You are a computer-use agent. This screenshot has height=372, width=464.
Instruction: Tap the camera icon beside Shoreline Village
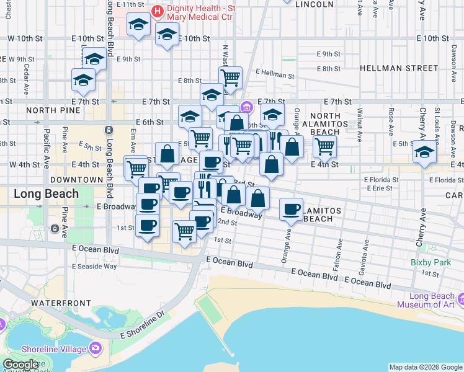point(96,347)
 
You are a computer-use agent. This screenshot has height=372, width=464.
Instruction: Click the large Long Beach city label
point(47,193)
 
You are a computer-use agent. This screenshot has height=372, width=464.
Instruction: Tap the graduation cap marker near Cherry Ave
point(425,151)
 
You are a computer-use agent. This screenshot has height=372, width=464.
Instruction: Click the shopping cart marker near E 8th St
point(230,77)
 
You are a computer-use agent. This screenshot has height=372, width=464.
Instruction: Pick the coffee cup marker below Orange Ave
point(291,209)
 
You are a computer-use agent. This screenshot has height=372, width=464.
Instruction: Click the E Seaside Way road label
point(94,266)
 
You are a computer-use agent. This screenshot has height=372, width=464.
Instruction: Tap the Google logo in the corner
point(20,365)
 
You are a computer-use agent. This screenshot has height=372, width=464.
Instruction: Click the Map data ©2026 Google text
point(426,367)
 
